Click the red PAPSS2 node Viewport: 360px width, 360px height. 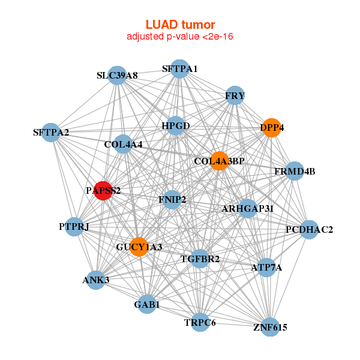(104, 191)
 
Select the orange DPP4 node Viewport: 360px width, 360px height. (271, 128)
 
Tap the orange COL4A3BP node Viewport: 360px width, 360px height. (219, 161)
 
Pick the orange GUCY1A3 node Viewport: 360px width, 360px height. (139, 247)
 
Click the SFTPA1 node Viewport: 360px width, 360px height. (179, 69)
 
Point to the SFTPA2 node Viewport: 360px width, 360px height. (50, 132)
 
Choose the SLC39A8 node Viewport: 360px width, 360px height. (118, 76)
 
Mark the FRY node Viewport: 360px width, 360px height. (235, 95)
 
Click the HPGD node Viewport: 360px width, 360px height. (175, 126)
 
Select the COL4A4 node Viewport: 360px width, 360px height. (122, 144)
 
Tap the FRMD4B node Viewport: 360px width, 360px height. (294, 172)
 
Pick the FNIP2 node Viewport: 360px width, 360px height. (172, 199)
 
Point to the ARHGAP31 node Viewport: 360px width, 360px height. (247, 208)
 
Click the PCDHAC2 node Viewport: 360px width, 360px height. (308, 229)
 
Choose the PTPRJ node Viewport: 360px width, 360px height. (74, 227)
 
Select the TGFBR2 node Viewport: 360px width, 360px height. (200, 259)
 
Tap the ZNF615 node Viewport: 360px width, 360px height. (270, 328)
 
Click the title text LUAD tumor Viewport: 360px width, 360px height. (180, 25)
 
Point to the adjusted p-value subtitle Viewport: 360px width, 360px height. (180, 37)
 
